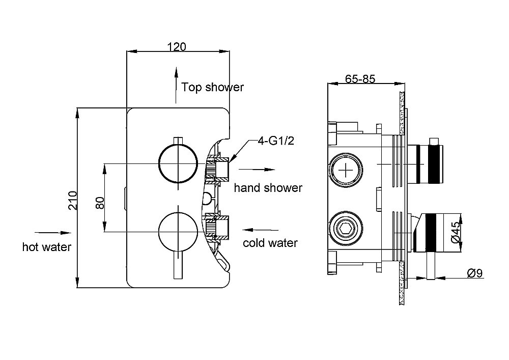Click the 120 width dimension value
(x=177, y=46)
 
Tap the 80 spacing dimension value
(x=100, y=203)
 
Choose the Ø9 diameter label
(x=474, y=273)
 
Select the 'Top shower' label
(x=213, y=87)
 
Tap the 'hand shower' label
(x=268, y=188)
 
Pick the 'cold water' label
(x=270, y=243)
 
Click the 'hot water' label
(x=47, y=247)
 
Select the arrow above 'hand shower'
(x=258, y=170)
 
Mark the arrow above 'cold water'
(x=261, y=230)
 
